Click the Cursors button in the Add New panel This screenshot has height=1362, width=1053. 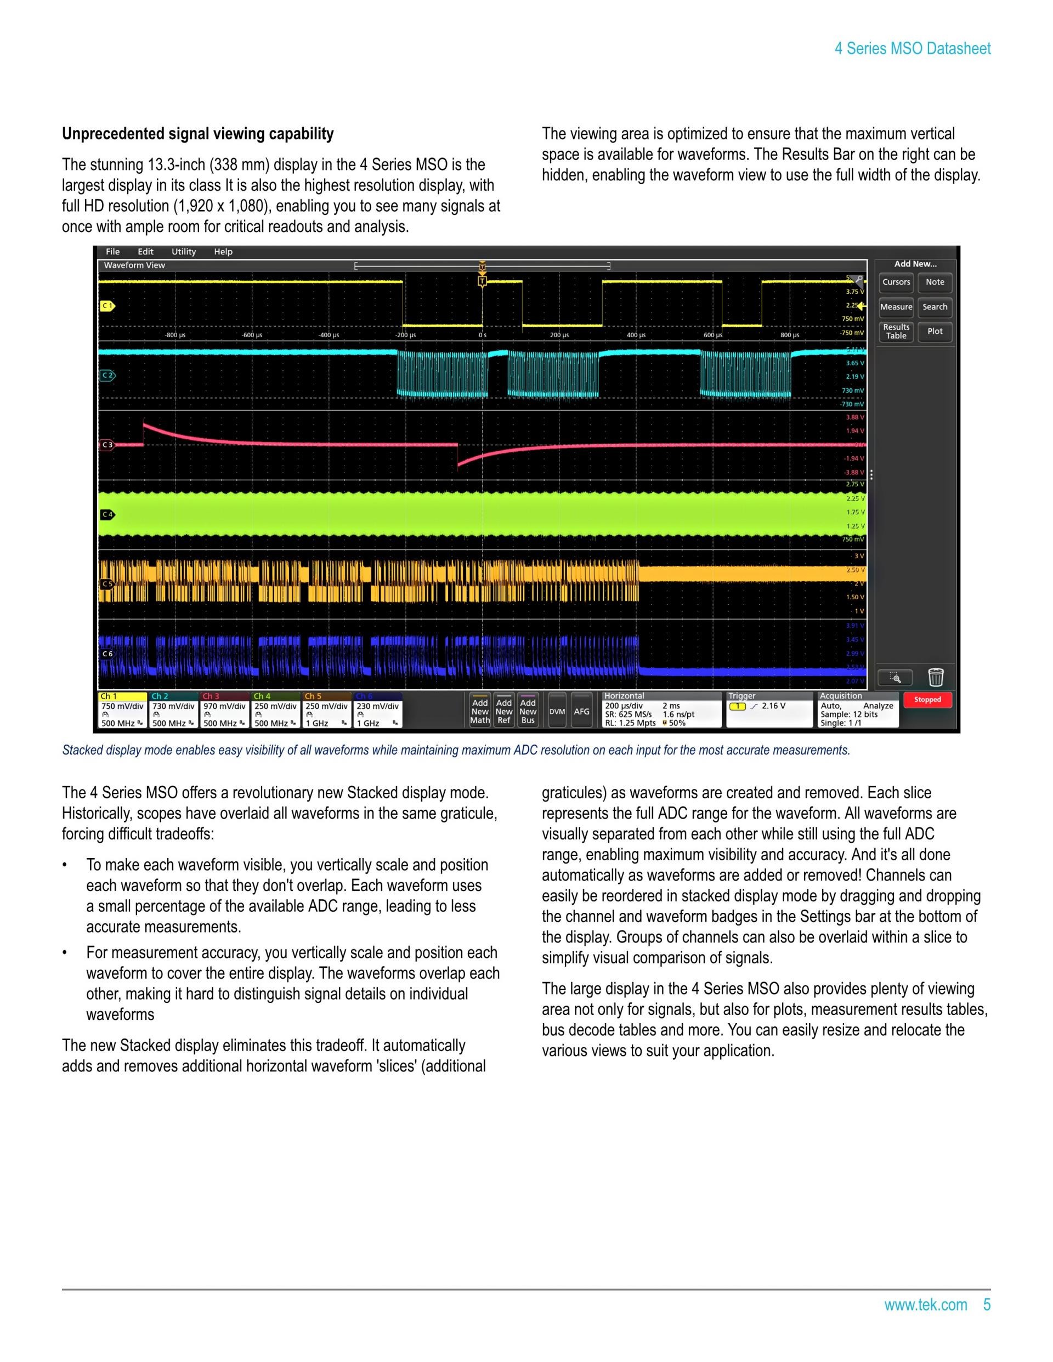click(x=896, y=282)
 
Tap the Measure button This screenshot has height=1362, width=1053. click(x=896, y=307)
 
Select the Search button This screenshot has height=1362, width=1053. click(x=935, y=307)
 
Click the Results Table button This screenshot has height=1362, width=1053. click(x=896, y=332)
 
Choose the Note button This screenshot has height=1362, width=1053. click(x=935, y=282)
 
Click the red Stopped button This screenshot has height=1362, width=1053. click(x=927, y=700)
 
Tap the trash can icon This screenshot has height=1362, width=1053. click(x=936, y=677)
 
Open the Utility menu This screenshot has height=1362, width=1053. click(x=183, y=252)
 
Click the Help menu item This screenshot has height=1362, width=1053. click(x=223, y=252)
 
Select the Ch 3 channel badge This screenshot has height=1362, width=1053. click(x=224, y=710)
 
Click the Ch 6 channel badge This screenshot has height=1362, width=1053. click(x=377, y=710)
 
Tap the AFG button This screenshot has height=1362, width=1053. click(x=581, y=712)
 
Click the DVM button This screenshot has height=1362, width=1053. click(x=557, y=712)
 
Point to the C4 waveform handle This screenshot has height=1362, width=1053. click(x=108, y=514)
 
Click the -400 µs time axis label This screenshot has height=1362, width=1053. click(x=329, y=336)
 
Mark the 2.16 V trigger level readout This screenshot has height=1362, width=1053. click(x=773, y=706)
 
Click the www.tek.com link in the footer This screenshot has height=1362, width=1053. click(x=925, y=1304)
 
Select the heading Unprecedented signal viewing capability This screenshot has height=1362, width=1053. click(x=198, y=134)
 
